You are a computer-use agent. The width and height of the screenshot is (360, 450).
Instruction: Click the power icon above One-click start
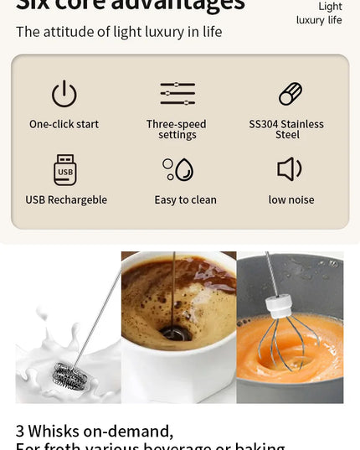point(64,94)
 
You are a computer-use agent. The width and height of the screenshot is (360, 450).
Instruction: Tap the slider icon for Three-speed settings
point(177,94)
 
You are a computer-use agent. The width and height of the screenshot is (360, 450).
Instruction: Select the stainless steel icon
point(290,94)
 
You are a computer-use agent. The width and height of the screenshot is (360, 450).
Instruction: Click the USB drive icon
point(65,169)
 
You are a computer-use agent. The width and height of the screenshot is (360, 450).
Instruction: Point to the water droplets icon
point(177,169)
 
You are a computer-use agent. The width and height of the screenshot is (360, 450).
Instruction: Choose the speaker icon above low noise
point(289,169)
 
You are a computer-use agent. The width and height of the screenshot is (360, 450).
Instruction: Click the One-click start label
point(64,124)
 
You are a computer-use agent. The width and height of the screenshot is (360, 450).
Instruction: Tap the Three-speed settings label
point(176,129)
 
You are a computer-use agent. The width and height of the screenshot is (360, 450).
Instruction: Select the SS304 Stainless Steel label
point(286,129)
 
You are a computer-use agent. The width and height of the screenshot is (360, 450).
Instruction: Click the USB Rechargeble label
point(66,199)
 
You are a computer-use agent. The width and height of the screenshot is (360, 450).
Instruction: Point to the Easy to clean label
point(185,199)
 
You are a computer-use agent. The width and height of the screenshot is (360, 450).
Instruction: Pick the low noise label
point(291,199)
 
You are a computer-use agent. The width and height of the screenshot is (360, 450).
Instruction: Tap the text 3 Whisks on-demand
point(95,431)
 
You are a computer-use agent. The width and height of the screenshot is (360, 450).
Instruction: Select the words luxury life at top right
point(319,19)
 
